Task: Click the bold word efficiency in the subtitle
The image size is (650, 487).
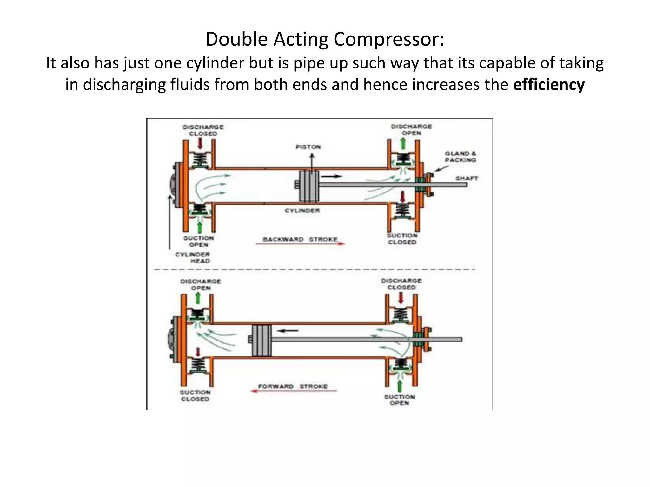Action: point(549,85)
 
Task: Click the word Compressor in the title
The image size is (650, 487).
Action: point(388,39)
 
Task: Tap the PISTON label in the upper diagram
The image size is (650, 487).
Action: point(308,147)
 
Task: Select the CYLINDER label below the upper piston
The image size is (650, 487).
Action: point(302,211)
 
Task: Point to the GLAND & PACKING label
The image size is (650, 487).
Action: point(460,157)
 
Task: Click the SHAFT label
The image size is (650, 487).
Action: point(467,178)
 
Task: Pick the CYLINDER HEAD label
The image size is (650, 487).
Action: point(193,258)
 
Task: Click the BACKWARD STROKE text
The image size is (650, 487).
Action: point(300,239)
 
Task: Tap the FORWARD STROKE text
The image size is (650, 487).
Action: point(293,386)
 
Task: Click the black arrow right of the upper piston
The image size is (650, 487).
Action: point(333,176)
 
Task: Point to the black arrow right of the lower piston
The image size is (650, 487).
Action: point(288,331)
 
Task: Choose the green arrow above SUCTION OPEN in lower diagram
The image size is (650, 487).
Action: point(400,386)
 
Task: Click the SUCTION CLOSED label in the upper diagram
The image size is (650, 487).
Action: point(402,239)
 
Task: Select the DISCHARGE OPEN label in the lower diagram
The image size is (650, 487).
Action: point(201,285)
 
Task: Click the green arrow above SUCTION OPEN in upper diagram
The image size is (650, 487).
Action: point(200,227)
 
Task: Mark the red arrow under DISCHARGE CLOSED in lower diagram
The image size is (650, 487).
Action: point(401,298)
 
